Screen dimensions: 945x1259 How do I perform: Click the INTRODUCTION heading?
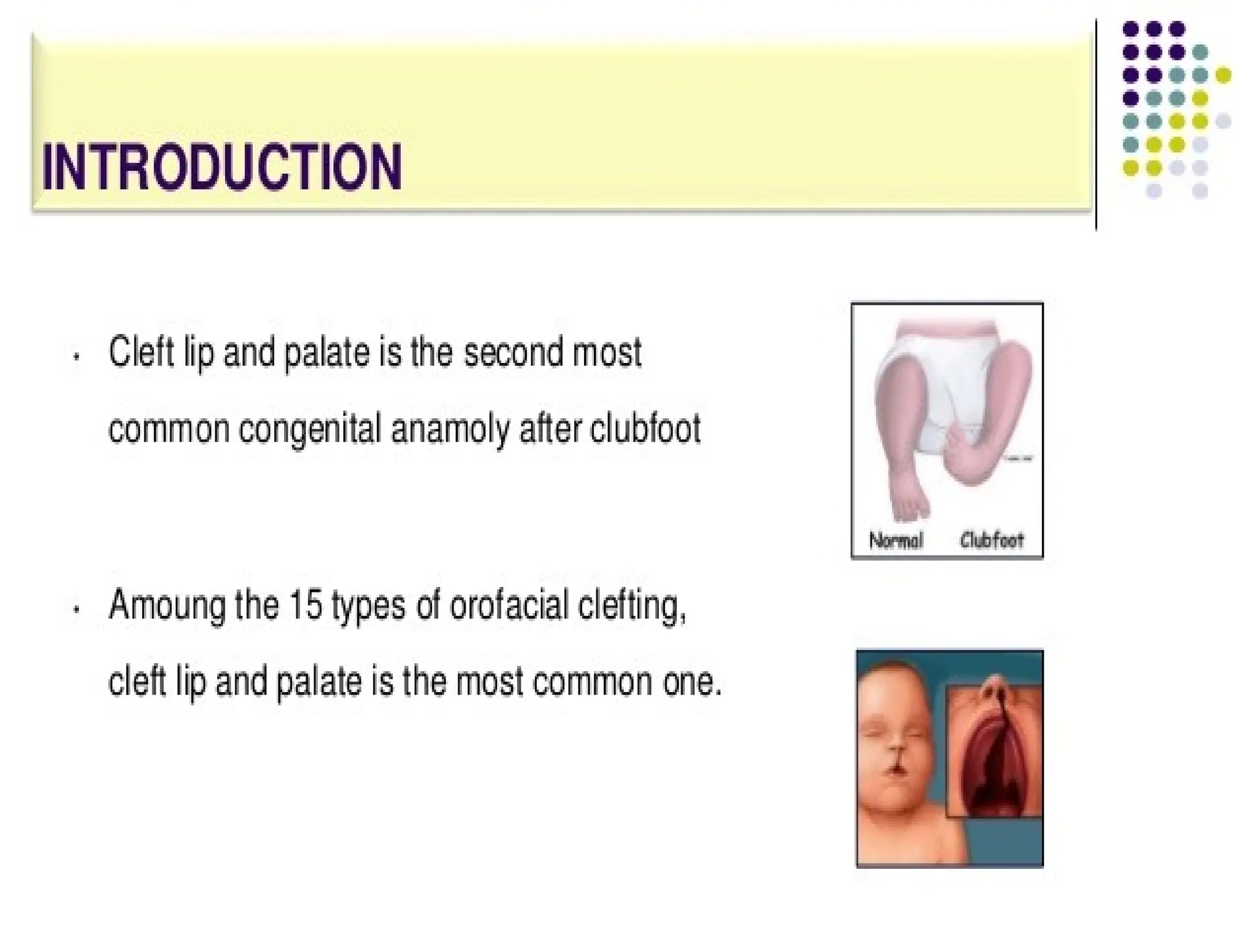[x=222, y=167]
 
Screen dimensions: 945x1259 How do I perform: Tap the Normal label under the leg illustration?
[x=896, y=541]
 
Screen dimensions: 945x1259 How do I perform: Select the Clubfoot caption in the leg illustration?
[x=992, y=541]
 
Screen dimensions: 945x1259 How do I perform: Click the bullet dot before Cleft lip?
[x=76, y=356]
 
